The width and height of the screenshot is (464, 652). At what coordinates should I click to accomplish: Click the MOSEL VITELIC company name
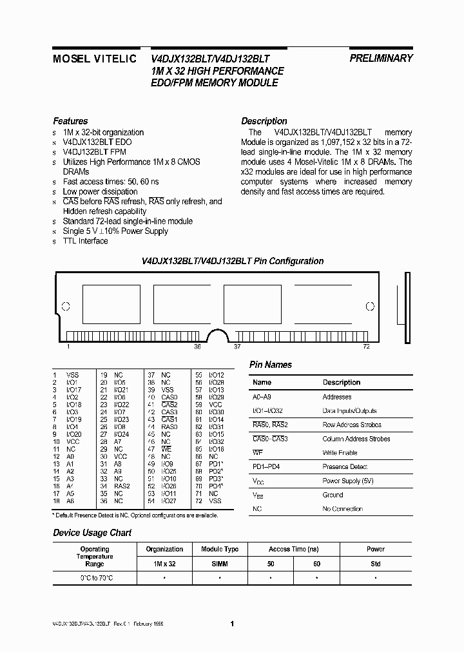click(94, 58)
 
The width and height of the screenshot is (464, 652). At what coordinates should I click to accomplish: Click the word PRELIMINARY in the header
click(381, 58)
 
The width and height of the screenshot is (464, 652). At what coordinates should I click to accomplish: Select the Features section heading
click(70, 121)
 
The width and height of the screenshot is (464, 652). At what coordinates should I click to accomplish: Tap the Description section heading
click(264, 121)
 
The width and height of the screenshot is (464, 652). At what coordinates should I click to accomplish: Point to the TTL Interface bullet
click(85, 241)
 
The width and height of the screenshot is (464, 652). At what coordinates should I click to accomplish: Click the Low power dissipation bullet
click(100, 191)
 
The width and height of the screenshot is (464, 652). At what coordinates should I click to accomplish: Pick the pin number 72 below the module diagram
click(367, 347)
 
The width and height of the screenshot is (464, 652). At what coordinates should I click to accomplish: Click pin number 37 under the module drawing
click(237, 347)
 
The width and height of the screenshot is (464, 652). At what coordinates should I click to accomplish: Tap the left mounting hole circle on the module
click(65, 307)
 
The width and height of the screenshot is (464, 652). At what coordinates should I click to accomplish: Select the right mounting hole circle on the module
click(370, 307)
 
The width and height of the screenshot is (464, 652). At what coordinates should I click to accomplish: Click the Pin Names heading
click(271, 365)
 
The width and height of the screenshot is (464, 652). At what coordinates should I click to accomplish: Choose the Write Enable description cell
click(340, 453)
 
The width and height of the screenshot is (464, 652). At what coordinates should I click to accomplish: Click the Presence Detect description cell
click(345, 466)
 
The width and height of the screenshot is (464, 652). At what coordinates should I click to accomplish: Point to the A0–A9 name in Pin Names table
click(262, 397)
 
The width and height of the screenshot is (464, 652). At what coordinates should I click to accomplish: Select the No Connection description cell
click(343, 509)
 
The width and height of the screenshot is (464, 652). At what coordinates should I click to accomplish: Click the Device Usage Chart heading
click(92, 533)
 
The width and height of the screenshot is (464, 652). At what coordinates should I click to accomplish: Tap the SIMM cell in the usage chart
click(220, 564)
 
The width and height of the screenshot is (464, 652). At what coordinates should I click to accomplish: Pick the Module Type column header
click(220, 549)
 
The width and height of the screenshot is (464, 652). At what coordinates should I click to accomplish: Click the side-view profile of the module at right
click(407, 307)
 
